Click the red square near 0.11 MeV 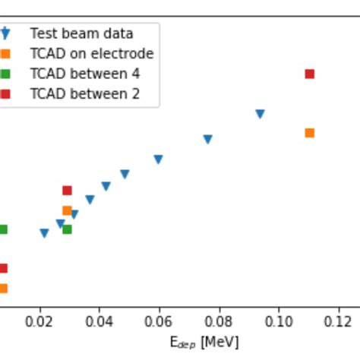click(309, 74)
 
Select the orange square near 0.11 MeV click(309, 133)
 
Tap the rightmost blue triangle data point click(260, 114)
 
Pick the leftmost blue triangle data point click(44, 233)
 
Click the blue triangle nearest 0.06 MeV click(158, 159)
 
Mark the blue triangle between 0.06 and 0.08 click(207, 139)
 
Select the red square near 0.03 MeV click(67, 191)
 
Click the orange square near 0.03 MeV click(67, 210)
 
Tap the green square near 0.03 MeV click(67, 229)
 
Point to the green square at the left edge click(3, 229)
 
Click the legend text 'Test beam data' click(81, 33)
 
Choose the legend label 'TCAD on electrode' click(91, 54)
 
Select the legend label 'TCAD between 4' click(84, 74)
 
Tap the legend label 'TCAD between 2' click(84, 94)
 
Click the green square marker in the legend click(5, 74)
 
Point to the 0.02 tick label click(39, 322)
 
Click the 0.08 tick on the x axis click(219, 322)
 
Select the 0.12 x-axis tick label click(339, 322)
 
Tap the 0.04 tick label click(99, 322)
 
